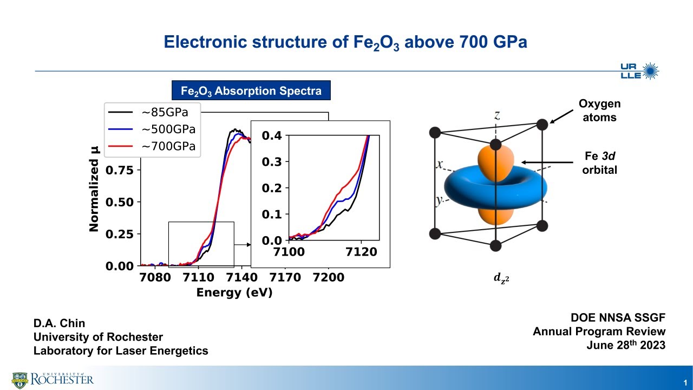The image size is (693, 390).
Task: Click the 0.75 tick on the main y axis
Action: pos(122,170)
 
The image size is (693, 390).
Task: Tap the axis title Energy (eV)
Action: pos(234,293)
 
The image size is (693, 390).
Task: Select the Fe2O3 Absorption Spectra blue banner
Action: pos(251,90)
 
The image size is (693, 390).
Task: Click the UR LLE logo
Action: pos(639,71)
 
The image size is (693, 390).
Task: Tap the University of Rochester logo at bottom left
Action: pos(53,379)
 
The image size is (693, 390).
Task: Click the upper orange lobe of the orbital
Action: pos(494,160)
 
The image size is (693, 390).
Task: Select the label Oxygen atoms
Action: pos(599,110)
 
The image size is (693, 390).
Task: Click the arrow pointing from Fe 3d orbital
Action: pos(547,162)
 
